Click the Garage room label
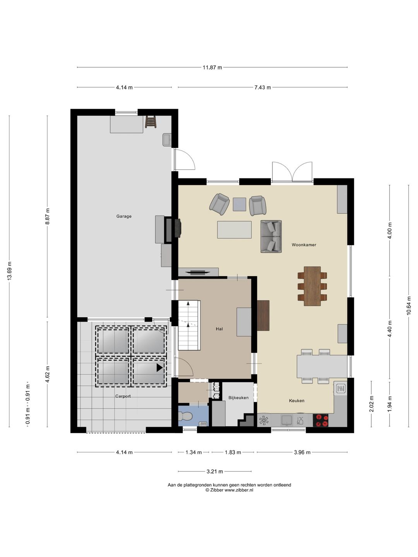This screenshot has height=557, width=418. coord(124,216)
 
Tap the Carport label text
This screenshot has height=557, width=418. coord(123,396)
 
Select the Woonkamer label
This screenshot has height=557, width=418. coord(304,245)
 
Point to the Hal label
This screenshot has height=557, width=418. coord(219,329)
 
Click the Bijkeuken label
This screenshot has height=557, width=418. coord(238,398)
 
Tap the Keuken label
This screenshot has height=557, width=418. coord(297,401)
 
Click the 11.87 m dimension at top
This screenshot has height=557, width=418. coord(212,68)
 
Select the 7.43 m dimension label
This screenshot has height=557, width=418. coord(262,87)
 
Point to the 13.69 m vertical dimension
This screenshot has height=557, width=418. coord(9,271)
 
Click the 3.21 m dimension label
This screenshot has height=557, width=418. coord(215,472)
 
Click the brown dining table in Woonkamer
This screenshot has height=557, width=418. coord(312,286)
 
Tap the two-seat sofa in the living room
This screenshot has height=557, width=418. coord(271,236)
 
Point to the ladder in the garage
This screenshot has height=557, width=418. coord(151,121)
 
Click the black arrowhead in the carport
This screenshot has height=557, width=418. coord(159,368)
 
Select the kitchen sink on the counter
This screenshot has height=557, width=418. coord(286,420)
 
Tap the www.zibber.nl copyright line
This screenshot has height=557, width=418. coord(229,490)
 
